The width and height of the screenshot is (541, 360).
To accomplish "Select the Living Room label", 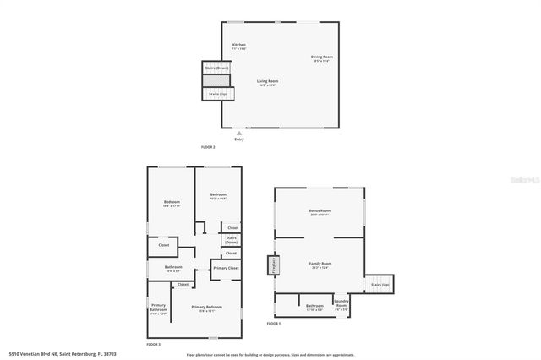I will [x=269, y=81].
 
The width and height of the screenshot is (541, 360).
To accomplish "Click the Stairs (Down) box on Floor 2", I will [x=216, y=68].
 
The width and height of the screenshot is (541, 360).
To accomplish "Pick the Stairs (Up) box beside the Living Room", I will [x=217, y=94].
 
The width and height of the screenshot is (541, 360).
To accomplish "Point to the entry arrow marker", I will [x=239, y=132].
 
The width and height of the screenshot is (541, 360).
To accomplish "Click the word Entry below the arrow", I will [x=239, y=139].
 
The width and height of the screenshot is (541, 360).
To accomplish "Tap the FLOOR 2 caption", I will [x=208, y=147].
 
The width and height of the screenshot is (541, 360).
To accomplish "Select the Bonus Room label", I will [x=320, y=210].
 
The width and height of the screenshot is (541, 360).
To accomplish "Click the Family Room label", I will [x=321, y=264].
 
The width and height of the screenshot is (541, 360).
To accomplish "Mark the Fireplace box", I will [x=274, y=265].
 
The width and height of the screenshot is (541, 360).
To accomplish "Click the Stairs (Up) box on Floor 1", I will [x=380, y=285].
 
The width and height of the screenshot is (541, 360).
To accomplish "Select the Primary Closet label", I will [x=226, y=268].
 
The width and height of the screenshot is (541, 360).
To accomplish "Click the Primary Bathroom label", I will [x=158, y=308].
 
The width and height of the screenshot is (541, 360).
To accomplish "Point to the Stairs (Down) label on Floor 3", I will [x=231, y=240].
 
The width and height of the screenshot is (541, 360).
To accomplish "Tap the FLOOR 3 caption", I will [x=153, y=344].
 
